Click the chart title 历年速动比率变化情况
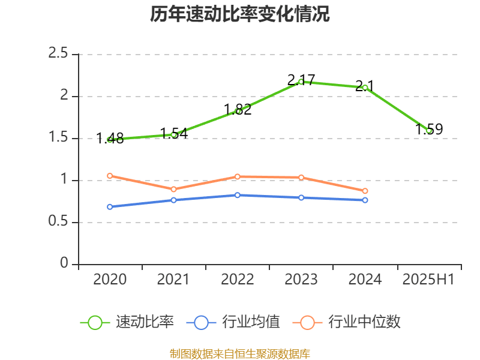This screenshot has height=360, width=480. [x=240, y=14]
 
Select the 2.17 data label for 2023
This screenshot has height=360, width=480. [x=301, y=80]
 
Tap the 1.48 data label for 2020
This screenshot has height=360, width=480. [x=110, y=139]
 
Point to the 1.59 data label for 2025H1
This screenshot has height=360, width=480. [x=429, y=129]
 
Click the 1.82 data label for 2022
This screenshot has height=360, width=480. [x=238, y=109]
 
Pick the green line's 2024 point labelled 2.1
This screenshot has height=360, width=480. [x=365, y=87]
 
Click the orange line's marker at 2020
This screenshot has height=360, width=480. [x=110, y=176]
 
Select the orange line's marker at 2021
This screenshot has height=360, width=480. [x=174, y=189]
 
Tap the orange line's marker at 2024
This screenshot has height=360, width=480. [x=365, y=191]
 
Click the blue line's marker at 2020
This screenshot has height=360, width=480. [x=110, y=206]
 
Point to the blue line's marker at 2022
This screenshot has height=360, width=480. [x=238, y=195]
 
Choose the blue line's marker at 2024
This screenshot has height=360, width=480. [x=365, y=200]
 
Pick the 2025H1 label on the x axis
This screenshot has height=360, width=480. [x=428, y=279]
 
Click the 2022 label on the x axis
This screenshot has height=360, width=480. [x=238, y=279]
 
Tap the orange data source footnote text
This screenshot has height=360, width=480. [x=240, y=353]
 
